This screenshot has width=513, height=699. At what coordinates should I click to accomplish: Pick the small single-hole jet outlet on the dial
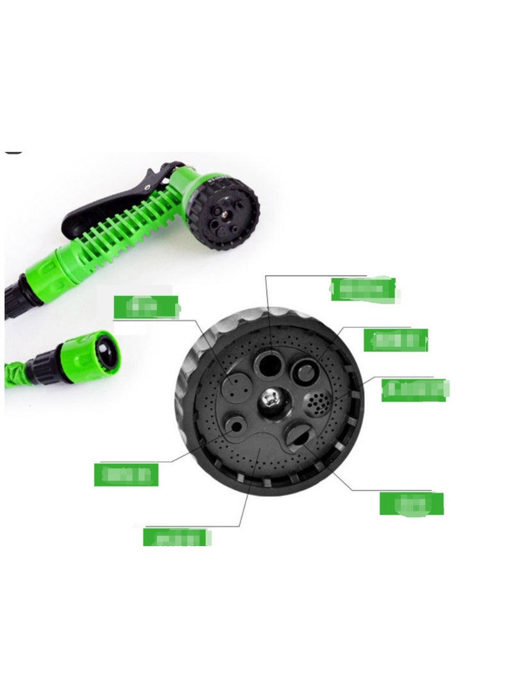(x=235, y=425)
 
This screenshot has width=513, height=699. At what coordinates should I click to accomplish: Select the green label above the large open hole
(x=362, y=289)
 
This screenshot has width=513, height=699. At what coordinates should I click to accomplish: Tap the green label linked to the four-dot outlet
(x=146, y=307)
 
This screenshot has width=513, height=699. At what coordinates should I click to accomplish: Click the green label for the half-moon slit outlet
(x=411, y=504)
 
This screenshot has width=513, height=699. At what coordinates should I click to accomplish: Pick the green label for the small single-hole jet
(x=126, y=474)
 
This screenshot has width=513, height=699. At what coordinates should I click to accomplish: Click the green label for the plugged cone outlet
(x=396, y=340)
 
